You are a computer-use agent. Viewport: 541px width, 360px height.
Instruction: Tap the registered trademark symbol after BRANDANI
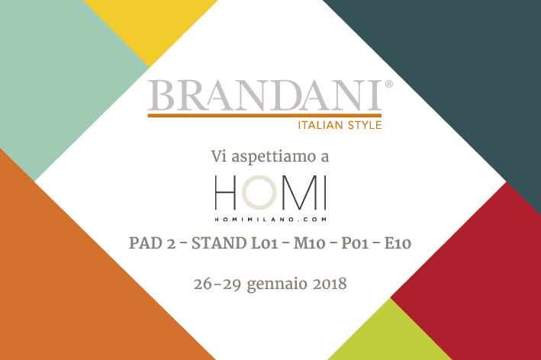[389, 84]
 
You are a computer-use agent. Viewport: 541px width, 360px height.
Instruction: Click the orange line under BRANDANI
[265, 115]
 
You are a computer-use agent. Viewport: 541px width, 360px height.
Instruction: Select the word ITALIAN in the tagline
[320, 125]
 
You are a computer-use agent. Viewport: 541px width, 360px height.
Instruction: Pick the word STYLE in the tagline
[365, 125]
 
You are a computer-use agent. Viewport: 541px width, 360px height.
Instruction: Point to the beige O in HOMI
[259, 192]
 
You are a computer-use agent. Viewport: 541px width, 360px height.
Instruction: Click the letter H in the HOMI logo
[226, 192]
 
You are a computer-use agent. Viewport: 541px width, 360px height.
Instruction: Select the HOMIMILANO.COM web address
[270, 220]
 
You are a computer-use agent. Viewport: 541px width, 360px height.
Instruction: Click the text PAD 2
[152, 243]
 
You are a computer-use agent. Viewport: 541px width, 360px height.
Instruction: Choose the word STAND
[219, 243]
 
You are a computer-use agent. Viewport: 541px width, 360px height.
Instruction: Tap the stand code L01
[265, 243]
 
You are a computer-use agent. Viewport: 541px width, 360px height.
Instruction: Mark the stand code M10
[310, 243]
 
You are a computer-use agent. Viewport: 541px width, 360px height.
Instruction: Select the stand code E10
[398, 243]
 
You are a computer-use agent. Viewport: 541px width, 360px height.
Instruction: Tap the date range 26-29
[217, 284]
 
